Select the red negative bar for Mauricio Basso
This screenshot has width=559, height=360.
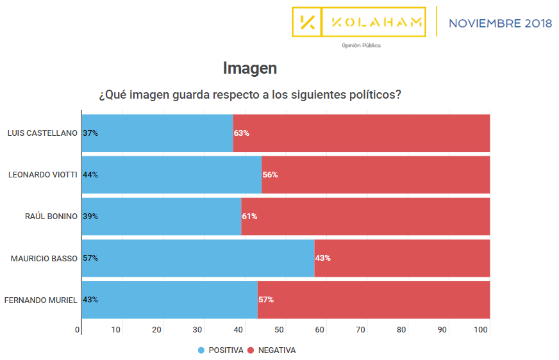point(402,258)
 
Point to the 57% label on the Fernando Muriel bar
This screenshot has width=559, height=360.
point(266,300)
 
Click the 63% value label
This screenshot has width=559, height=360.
point(242,133)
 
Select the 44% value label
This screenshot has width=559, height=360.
point(90,174)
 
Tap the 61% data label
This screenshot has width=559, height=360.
point(249,217)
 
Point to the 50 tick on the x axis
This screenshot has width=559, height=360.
point(279,330)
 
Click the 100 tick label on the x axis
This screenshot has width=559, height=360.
point(481,330)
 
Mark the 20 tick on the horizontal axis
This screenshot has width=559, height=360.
point(157,330)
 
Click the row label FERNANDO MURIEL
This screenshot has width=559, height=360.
point(41,300)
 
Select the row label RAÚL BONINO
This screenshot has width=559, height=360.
point(51,217)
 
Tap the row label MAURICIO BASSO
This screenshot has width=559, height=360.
point(44,258)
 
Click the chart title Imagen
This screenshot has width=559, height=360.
point(250,68)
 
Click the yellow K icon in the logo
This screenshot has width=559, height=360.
point(307,22)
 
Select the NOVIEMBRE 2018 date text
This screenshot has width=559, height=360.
point(500,24)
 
